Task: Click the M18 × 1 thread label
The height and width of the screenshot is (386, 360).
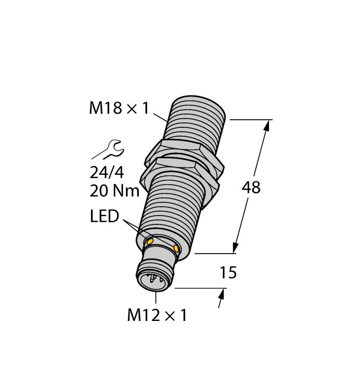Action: pos(119,109)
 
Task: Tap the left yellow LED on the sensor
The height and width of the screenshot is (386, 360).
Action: pos(149,241)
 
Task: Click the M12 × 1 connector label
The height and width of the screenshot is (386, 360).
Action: pos(157,315)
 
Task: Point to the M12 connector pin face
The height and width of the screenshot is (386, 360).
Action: pos(151,280)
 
